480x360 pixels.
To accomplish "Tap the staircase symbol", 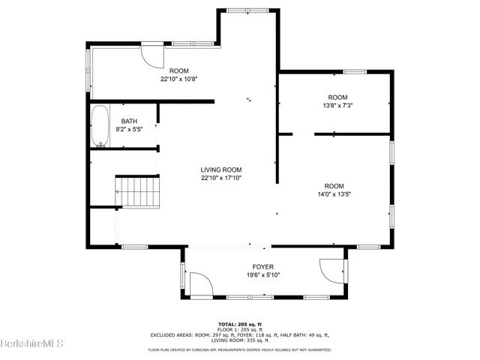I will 138,192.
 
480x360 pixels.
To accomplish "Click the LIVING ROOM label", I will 221,169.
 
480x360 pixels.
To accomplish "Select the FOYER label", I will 262,267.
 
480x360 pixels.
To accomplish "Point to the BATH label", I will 130,121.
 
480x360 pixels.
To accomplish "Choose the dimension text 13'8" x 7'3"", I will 337,106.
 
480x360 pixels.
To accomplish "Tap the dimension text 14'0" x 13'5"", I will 334,194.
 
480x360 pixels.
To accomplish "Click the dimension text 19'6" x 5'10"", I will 262,275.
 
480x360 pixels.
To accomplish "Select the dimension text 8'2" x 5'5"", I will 130,130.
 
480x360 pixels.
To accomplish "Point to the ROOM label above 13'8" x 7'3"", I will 337,97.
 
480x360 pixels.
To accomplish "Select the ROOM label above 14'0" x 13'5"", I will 334,186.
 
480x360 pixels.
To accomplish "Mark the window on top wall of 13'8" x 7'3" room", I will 355,71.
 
